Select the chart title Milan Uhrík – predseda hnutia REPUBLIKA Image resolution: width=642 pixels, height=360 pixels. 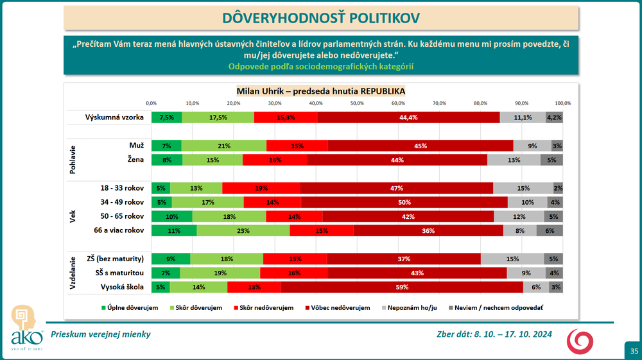pos(320,90)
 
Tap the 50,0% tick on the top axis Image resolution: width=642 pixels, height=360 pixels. pos(358,103)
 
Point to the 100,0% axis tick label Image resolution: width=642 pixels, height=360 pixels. pos(562,103)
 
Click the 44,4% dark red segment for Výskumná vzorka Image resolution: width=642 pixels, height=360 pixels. pos(408,117)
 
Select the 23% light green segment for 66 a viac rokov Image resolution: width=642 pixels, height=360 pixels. pos(243,230)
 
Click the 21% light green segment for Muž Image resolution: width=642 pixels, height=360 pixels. pos(224,146)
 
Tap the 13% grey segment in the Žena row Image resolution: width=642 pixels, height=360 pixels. pos(514,160)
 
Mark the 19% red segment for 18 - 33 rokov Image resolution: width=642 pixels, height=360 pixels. pos(261,188)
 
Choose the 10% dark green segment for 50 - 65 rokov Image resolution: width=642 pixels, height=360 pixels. pos(171,216)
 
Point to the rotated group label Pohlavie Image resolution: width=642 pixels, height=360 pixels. pos(73,153)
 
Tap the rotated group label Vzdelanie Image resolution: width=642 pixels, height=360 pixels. pos(73,273)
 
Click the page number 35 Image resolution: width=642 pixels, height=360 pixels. pos(634,350)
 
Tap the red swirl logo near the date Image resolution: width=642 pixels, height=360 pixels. pos(580,341)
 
